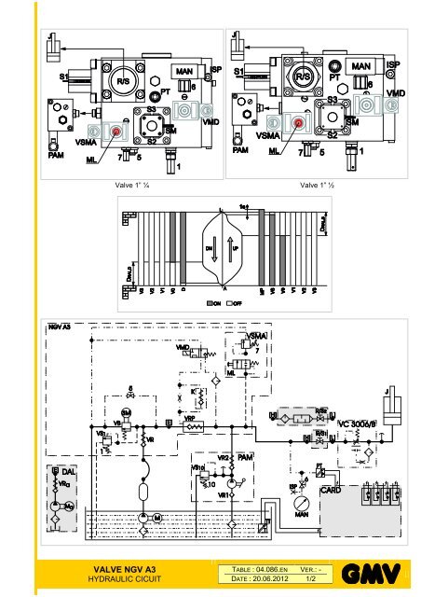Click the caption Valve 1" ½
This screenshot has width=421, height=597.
tap(319, 185)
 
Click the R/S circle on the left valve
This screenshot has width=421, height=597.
tap(124, 79)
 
